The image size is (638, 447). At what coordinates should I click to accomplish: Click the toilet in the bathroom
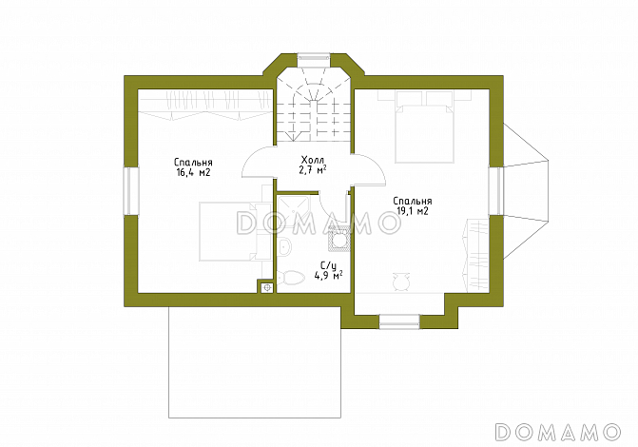[291, 278]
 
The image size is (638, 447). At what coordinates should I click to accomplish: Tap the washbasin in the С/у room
[284, 246]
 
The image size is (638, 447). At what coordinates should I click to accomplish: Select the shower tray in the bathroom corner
[294, 211]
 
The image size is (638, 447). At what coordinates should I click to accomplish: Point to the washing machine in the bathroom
[338, 239]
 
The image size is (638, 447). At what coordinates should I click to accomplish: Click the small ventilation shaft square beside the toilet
[266, 286]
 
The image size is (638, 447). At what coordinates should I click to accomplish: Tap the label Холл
[313, 160]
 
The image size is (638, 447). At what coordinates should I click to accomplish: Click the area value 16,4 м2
[193, 172]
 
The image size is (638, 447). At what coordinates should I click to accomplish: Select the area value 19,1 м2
[412, 211]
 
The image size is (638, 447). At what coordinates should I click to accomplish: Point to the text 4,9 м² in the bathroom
[328, 276]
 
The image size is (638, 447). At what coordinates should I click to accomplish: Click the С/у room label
[328, 266]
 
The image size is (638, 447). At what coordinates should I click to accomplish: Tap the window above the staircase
[314, 57]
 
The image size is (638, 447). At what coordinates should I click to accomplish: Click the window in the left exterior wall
[131, 191]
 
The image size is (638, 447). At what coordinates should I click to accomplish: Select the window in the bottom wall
[399, 321]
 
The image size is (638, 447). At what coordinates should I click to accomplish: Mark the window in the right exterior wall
[496, 191]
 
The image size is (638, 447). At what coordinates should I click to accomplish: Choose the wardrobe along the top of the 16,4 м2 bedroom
[204, 105]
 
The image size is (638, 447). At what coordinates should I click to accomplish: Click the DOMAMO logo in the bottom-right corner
[558, 432]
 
